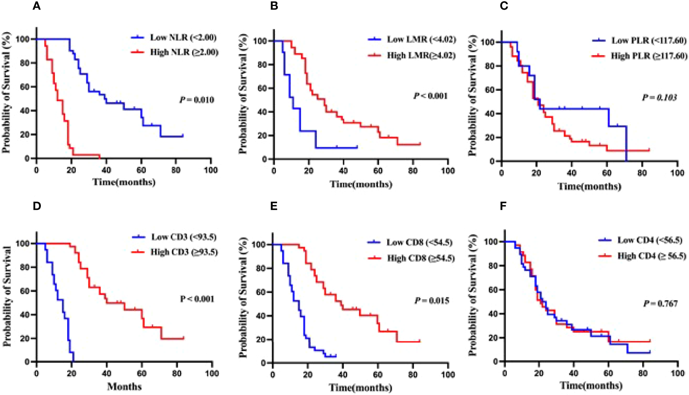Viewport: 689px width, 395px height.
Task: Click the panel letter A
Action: coord(36,6)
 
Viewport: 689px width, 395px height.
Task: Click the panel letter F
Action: coord(503,206)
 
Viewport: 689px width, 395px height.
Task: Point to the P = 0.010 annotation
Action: coord(197,100)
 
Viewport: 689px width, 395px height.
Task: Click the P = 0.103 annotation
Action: coord(659,98)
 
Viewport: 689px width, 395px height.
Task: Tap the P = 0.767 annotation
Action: coord(661,304)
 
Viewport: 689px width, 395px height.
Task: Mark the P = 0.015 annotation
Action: coord(432,301)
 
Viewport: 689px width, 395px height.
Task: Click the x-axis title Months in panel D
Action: coord(124,387)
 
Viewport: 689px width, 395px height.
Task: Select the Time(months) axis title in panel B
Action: coord(361,184)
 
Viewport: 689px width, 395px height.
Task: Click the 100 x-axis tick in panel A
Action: coord(211,170)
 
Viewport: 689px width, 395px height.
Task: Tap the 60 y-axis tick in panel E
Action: coord(261,292)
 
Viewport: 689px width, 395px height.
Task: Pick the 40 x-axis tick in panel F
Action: coord(573,373)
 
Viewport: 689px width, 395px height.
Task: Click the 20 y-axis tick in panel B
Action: coord(262,136)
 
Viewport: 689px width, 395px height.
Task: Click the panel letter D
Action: coord(37,206)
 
